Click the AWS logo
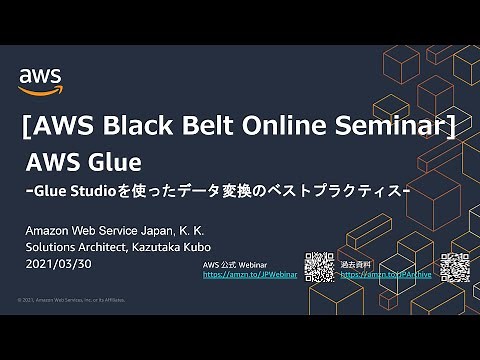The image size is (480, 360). [40, 79]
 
